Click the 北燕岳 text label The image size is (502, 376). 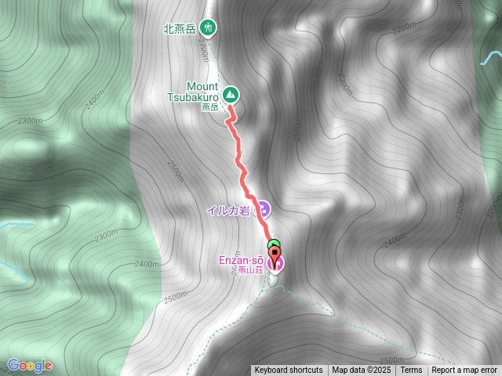180,28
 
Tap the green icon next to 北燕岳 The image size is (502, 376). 209,27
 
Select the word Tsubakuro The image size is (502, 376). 192,97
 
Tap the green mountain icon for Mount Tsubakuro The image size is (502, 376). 231,95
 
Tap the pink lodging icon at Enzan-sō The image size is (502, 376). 275,265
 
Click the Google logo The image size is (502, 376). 30,365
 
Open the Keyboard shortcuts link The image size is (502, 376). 288,370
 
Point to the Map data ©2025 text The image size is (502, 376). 360,370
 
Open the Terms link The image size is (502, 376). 411,370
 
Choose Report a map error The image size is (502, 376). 465,370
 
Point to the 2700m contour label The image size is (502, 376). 204,53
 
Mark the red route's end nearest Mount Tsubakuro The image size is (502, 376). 229,117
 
